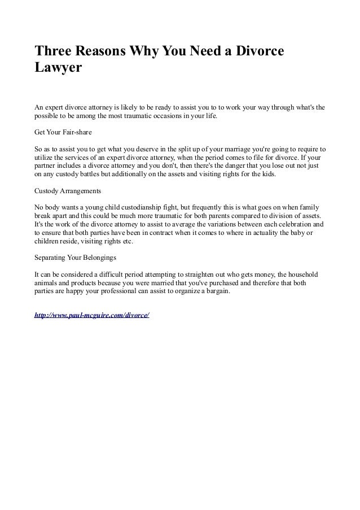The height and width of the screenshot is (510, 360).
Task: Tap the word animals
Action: coord(47,284)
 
